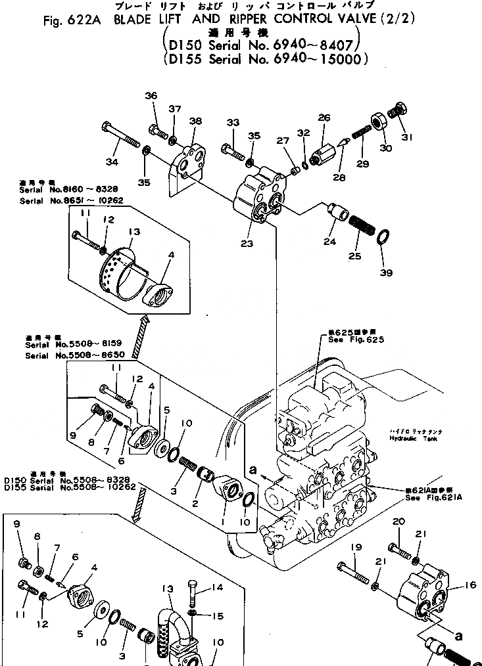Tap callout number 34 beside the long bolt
point(112,162)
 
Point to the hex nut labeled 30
point(379,122)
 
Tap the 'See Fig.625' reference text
point(355,340)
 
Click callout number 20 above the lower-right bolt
point(397,522)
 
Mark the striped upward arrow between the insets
point(139,338)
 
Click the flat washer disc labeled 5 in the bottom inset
point(102,608)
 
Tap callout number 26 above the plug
point(324,118)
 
